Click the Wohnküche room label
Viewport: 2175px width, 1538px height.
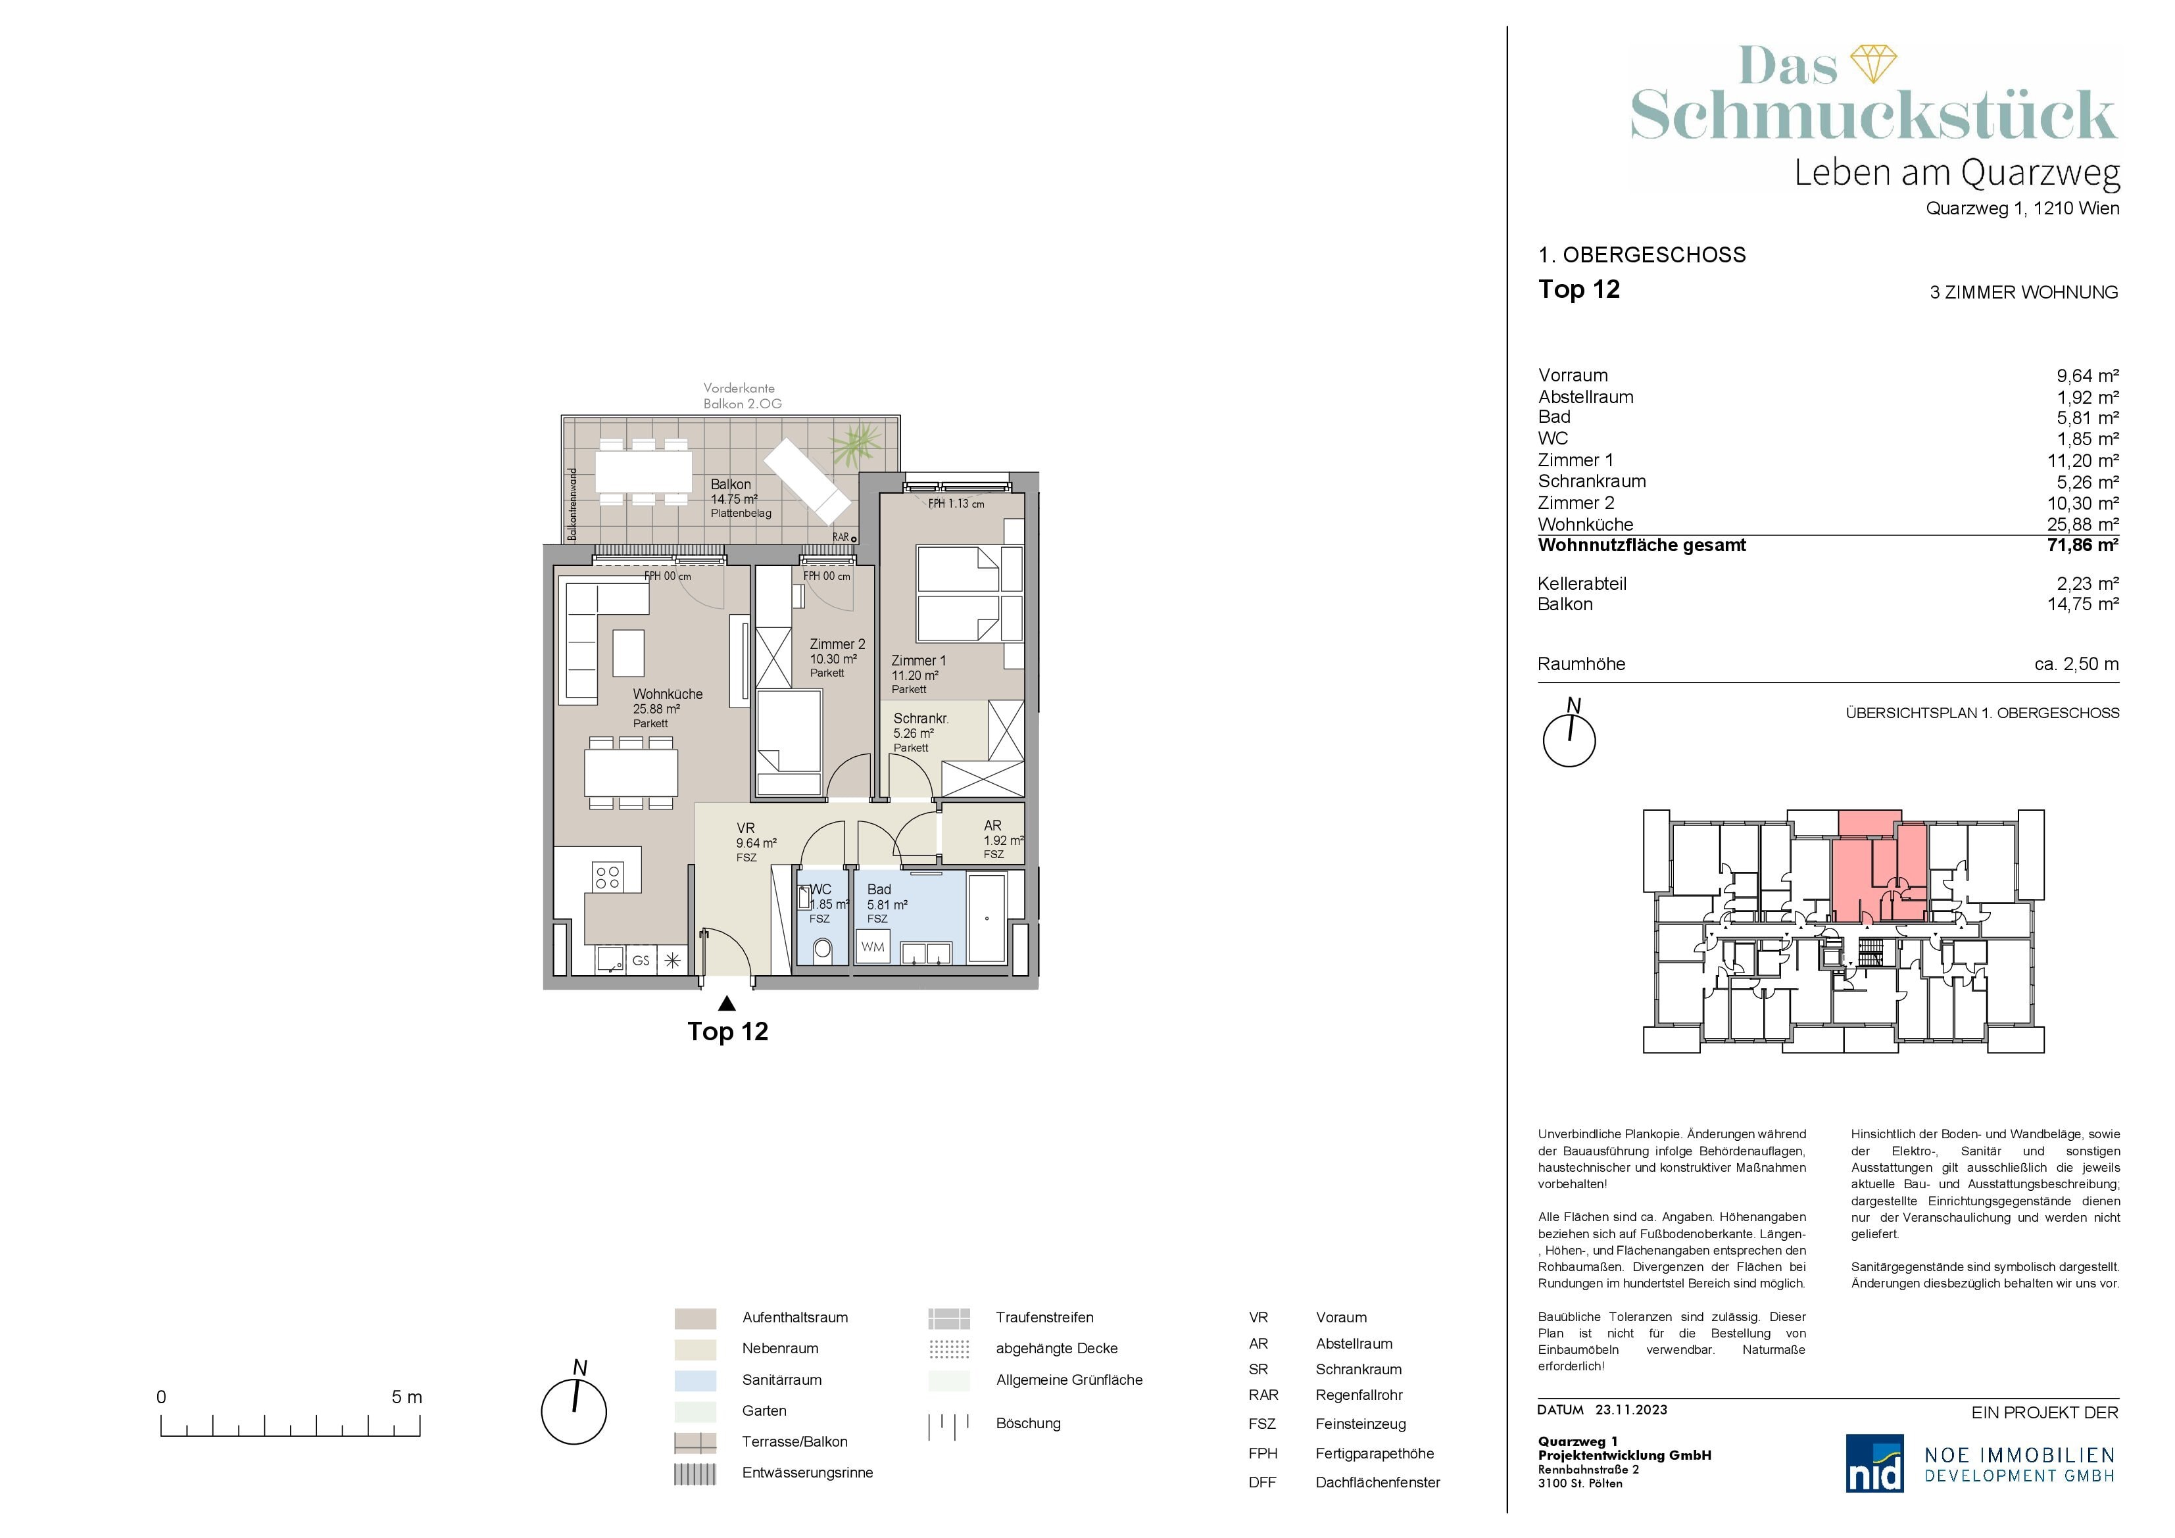click(668, 694)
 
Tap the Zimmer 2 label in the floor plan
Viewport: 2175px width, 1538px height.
click(837, 644)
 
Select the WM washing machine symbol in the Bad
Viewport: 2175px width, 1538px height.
click(873, 947)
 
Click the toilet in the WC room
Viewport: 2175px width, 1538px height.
click(821, 949)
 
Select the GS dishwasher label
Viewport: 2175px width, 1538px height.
click(641, 960)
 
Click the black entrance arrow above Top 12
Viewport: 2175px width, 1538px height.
click(727, 1003)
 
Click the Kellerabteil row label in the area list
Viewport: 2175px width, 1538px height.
click(1582, 583)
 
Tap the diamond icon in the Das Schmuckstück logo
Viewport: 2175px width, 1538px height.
click(1874, 63)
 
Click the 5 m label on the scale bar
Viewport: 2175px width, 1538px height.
click(407, 1397)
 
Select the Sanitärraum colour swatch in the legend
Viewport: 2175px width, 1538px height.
click(695, 1380)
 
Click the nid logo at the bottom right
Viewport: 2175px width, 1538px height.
click(1874, 1462)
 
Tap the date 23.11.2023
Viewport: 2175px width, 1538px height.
click(1631, 1409)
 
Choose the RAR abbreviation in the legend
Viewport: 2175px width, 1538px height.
click(1263, 1395)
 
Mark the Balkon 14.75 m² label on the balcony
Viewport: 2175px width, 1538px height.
click(734, 492)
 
